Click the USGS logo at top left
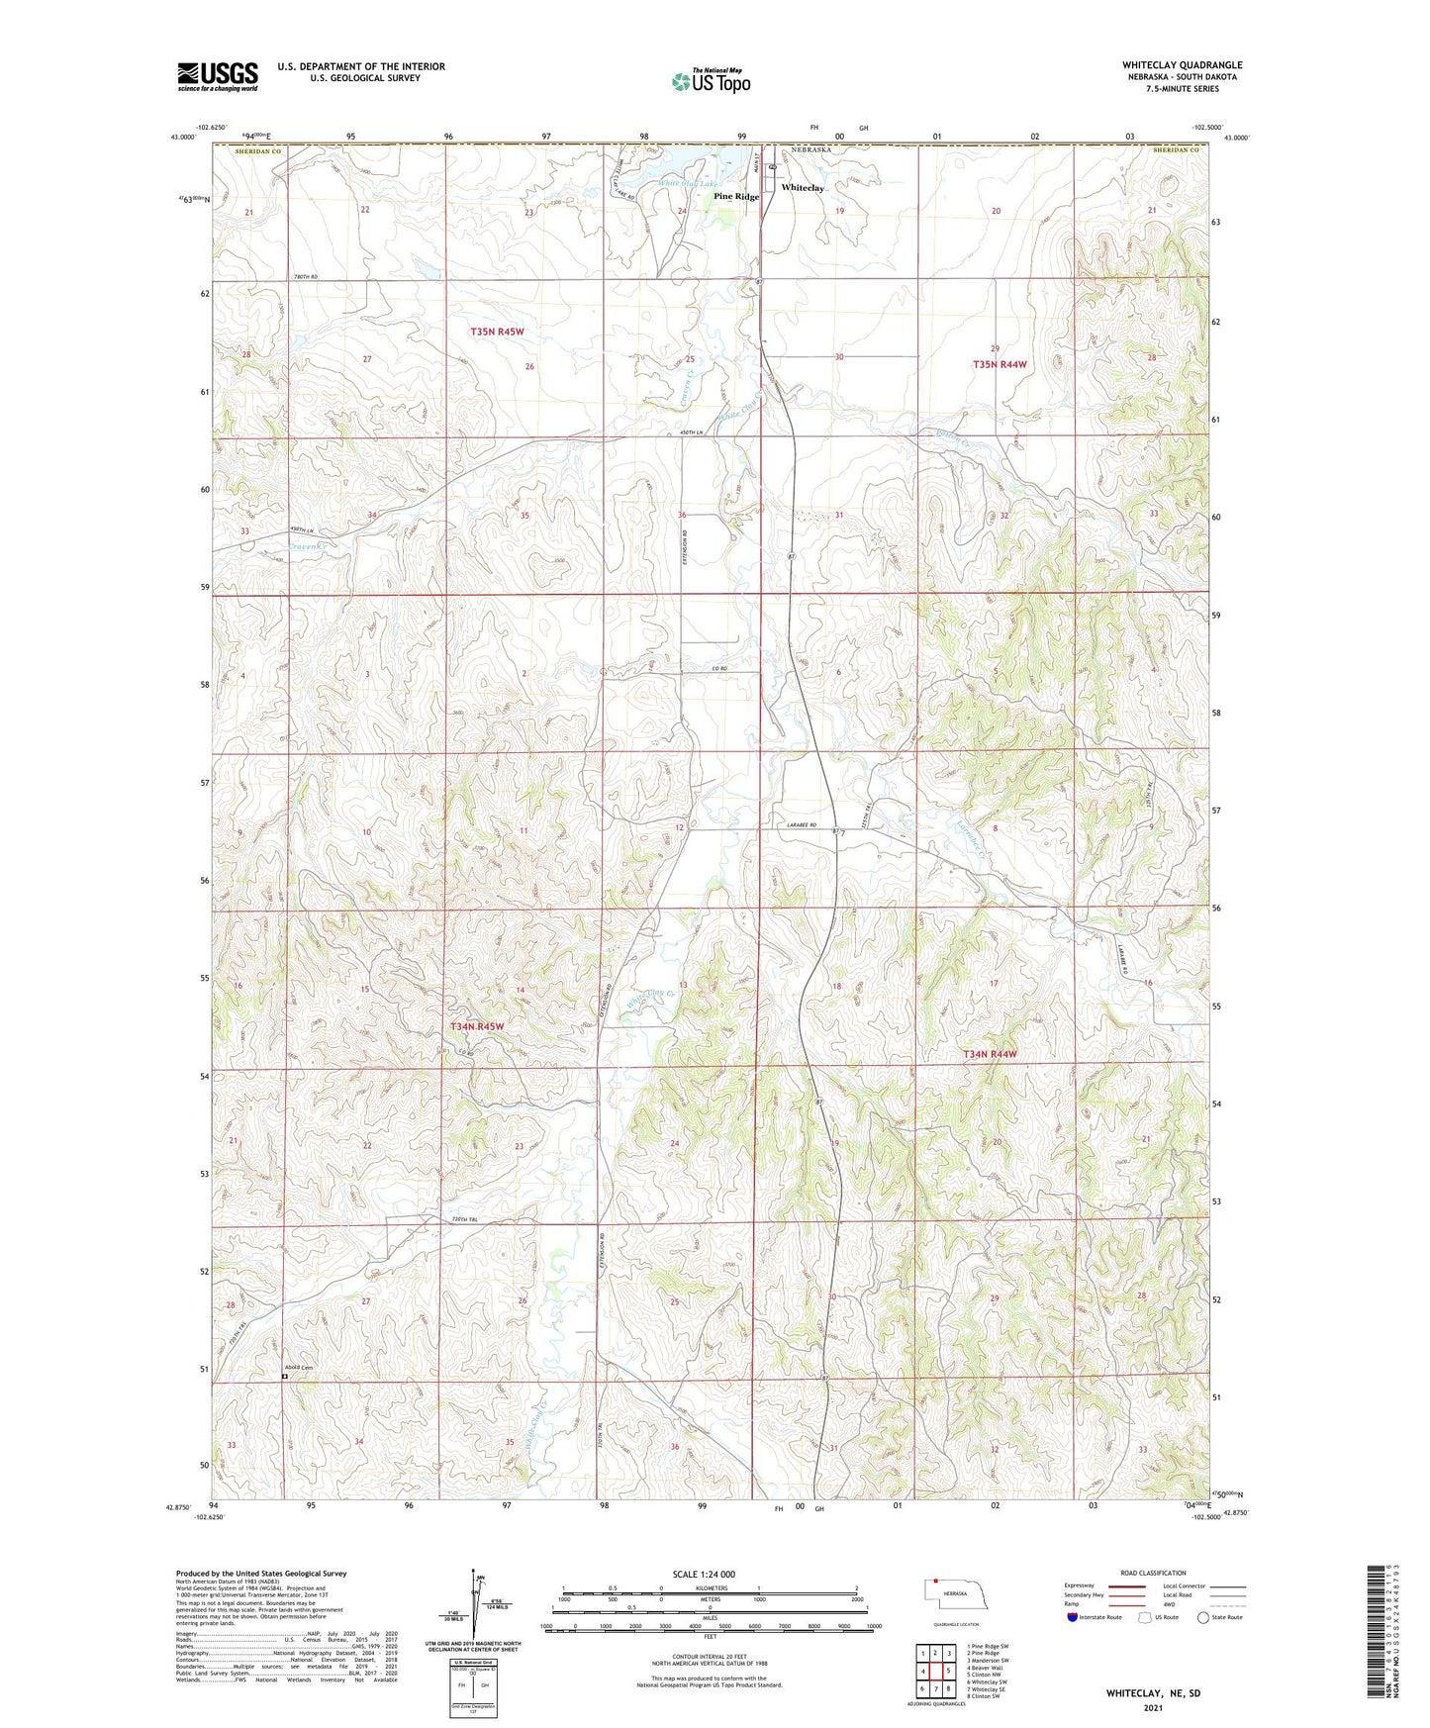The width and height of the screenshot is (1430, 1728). pos(217,76)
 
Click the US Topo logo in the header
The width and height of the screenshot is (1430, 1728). pos(711,81)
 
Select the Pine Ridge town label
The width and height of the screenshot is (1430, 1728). pos(736,197)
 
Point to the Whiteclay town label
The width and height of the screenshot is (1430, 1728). pos(802,188)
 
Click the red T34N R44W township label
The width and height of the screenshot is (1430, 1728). pos(990,1055)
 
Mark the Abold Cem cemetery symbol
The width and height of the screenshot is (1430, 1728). pos(284,1376)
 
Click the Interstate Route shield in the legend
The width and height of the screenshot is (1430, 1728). pos(1073,1617)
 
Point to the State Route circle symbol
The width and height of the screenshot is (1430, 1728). pos(1202,1617)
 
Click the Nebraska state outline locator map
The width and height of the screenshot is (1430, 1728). pos(954,1594)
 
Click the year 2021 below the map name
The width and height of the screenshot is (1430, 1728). pos(1152,1707)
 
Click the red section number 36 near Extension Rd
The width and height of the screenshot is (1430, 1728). pos(682,516)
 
